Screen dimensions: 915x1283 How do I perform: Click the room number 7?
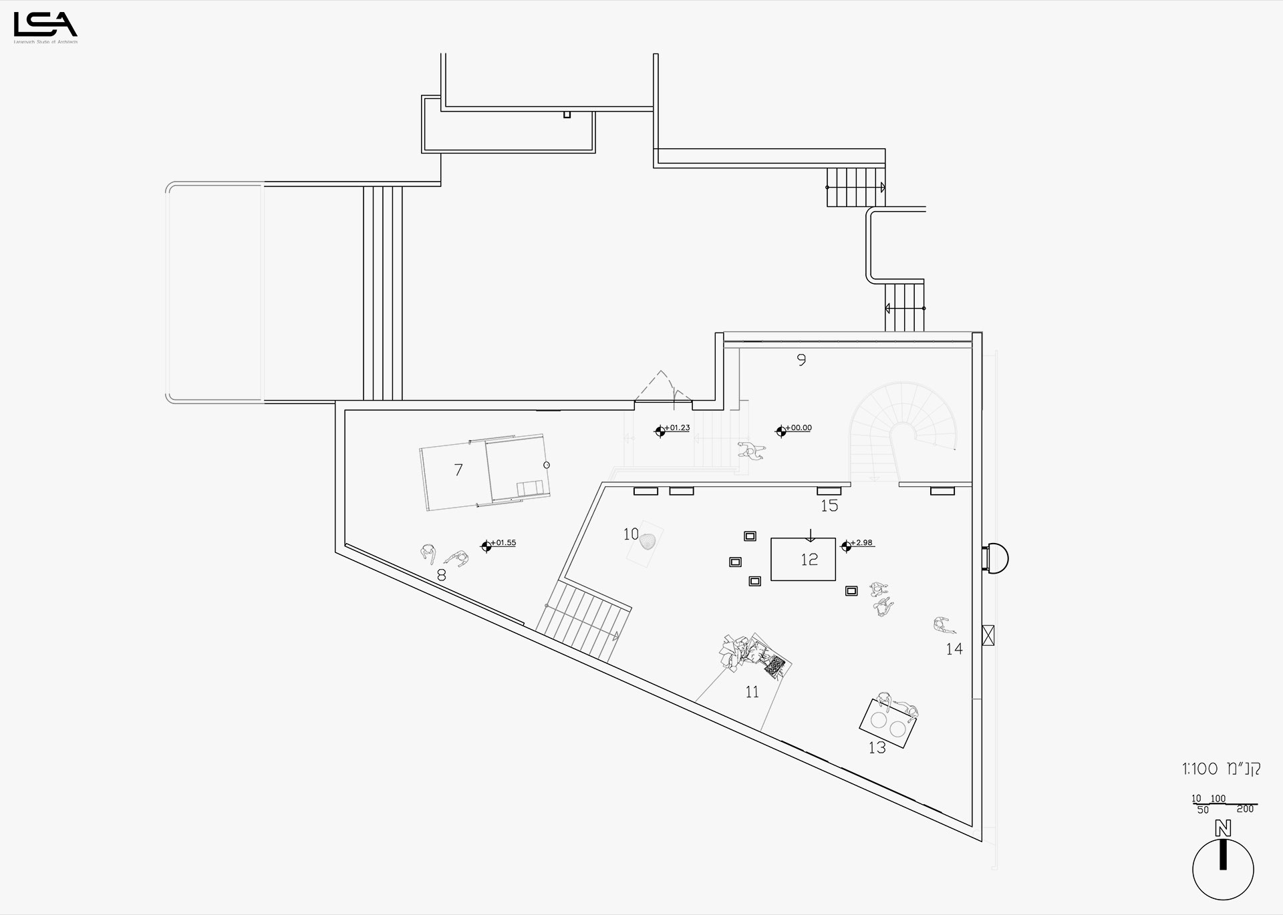tap(458, 470)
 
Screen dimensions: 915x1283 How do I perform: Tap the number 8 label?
tap(441, 575)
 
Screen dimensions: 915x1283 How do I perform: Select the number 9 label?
tap(801, 361)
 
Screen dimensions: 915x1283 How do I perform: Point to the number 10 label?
tap(631, 534)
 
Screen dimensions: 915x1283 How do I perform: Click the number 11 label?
tap(752, 693)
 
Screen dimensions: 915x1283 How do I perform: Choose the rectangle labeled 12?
tap(803, 559)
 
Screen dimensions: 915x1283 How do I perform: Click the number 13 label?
tap(877, 748)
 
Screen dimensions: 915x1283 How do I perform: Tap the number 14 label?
tap(954, 649)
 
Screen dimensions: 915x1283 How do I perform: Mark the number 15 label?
tap(829, 506)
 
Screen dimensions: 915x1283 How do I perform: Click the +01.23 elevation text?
tap(678, 428)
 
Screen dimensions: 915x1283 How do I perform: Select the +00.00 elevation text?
tap(799, 428)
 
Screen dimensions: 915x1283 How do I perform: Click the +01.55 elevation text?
tap(503, 543)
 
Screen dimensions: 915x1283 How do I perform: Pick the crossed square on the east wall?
tap(988, 634)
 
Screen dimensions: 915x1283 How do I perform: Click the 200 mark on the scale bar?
tap(1245, 809)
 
